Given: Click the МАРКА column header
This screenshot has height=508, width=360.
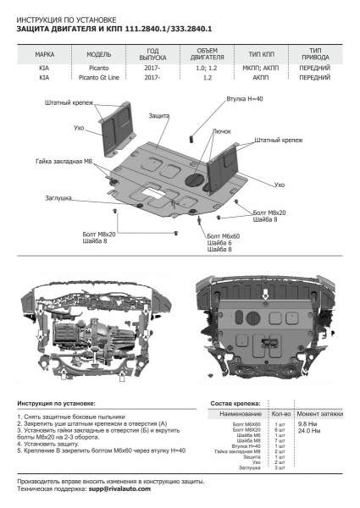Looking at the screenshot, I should (45, 53).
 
